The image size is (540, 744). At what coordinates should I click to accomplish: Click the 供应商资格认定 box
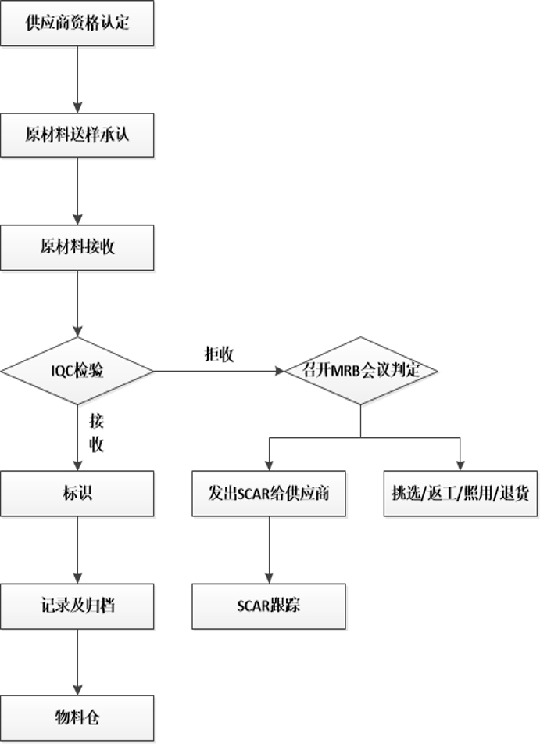77,23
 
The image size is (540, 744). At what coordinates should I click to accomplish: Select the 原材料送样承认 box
77,135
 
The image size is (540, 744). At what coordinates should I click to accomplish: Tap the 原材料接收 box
77,247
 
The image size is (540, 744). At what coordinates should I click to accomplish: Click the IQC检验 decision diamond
77,371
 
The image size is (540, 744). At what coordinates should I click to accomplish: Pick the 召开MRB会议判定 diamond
361,371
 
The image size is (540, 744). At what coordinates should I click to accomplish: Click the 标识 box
77,494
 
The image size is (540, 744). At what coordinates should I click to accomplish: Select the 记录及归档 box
77,606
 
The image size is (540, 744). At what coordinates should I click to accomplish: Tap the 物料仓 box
77,718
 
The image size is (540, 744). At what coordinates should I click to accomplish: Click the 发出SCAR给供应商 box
269,494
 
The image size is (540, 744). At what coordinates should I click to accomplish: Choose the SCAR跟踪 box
269,606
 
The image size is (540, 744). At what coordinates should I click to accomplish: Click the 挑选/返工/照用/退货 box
460,494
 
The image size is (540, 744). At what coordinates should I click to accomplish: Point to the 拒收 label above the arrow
219,354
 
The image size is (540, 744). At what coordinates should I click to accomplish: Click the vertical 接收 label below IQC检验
96,433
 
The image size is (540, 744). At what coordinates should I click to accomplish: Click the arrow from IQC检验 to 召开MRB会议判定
219,371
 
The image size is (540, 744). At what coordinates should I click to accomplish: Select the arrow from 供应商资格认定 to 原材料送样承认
77,79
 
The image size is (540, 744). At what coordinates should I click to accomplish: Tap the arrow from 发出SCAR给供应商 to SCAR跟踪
270,550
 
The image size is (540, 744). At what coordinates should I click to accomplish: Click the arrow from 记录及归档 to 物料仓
77,663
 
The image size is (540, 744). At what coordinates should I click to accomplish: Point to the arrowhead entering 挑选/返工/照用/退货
460,465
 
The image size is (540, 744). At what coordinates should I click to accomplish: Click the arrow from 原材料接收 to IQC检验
77,304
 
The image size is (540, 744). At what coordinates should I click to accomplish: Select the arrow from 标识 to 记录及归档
77,550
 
